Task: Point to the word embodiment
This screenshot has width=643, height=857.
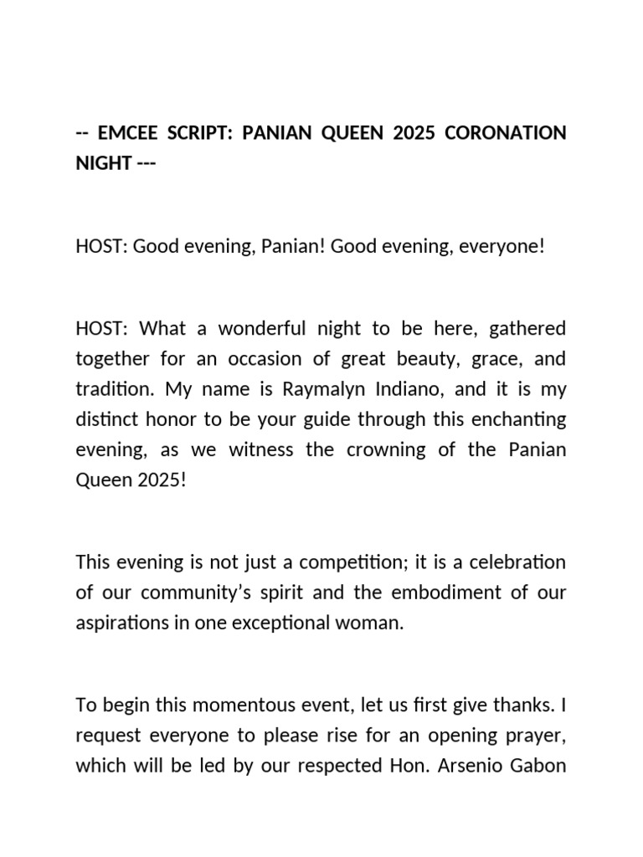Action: click(437, 593)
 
